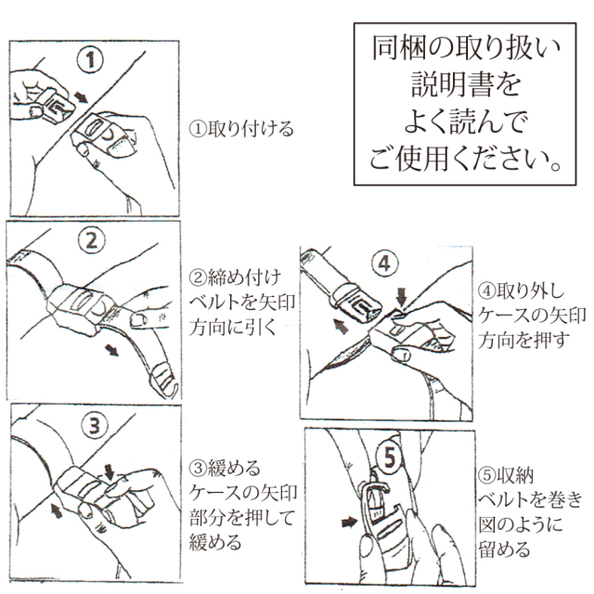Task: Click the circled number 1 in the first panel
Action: tap(90, 60)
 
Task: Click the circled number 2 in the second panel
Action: tap(91, 240)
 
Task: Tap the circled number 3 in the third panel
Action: tap(95, 425)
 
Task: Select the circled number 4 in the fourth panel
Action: tap(385, 263)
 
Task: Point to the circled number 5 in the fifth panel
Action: tap(390, 458)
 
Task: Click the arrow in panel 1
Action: tap(81, 97)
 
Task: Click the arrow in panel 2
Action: tap(111, 350)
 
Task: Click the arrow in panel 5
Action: tap(349, 523)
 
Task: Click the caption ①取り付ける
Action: tap(241, 129)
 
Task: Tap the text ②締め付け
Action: tap(235, 278)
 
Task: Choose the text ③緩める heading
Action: tap(225, 468)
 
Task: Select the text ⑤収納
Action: tap(506, 475)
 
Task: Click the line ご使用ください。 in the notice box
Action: tap(465, 159)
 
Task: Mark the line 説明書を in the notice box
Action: tap(466, 84)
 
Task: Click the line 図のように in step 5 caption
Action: tap(521, 525)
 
